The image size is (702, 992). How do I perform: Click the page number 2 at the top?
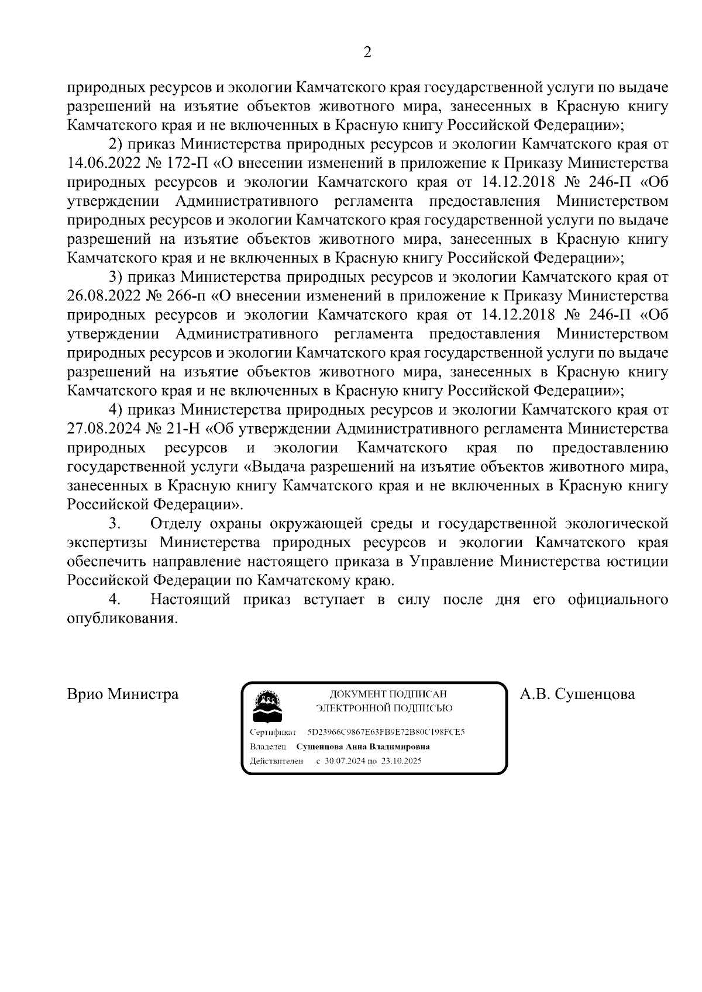(367, 53)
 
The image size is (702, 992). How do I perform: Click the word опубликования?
(122, 618)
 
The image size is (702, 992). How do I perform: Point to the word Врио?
(84, 694)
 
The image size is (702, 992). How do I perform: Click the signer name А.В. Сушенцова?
(577, 694)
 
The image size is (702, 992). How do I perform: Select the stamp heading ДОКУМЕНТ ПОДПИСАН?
(388, 694)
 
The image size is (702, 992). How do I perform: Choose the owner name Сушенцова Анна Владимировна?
(363, 746)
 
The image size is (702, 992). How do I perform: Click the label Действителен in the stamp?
(276, 761)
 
